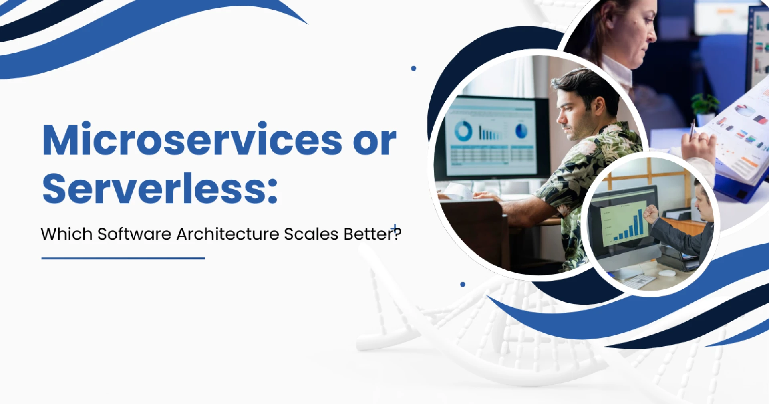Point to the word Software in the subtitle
click(x=134, y=234)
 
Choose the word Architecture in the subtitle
click(x=227, y=234)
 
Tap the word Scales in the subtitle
click(x=311, y=234)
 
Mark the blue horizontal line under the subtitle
click(x=123, y=259)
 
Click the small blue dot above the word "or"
click(x=413, y=69)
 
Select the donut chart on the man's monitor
click(x=463, y=131)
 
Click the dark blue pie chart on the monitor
click(x=521, y=131)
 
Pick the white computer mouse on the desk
click(x=667, y=273)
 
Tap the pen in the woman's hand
click(x=693, y=128)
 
